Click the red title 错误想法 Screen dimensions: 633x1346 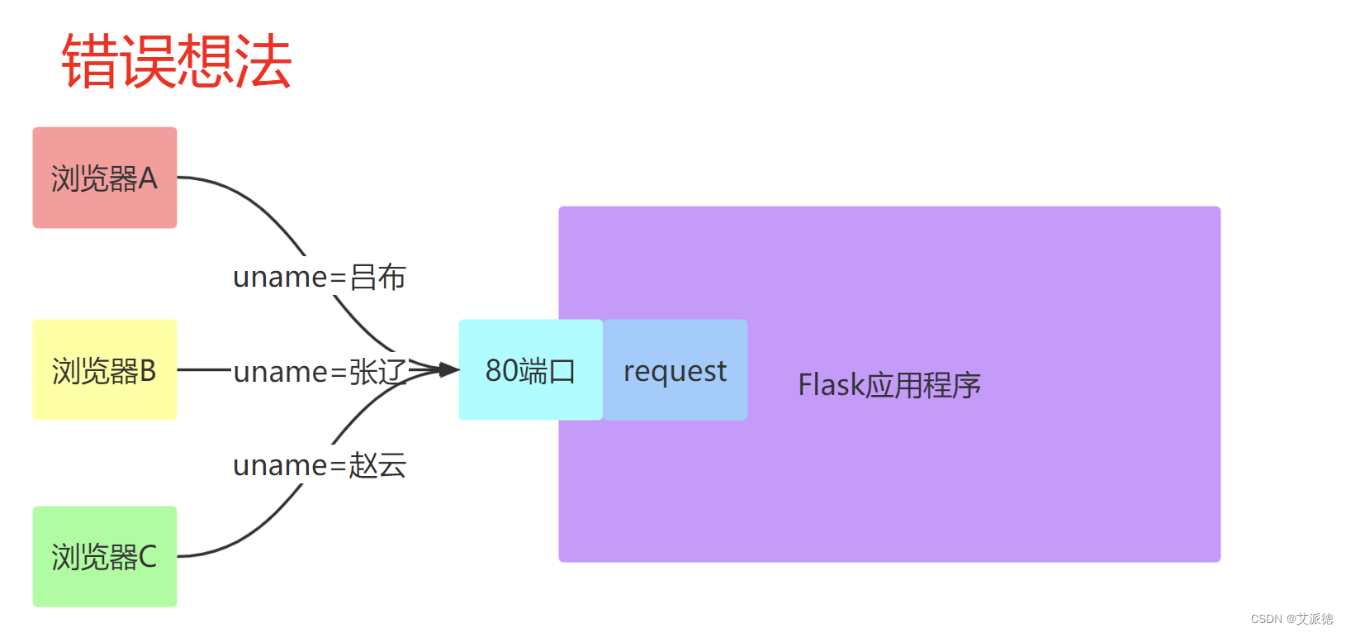tap(177, 61)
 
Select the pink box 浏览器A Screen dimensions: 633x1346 tap(105, 178)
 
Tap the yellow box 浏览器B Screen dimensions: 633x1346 tap(105, 370)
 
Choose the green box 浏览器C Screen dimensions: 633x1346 tap(105, 556)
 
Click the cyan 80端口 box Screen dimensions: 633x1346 tap(530, 370)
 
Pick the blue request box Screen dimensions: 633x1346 tap(675, 370)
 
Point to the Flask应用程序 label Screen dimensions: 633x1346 tap(889, 385)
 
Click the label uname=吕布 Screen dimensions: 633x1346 tap(319, 277)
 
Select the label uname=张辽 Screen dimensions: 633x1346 tap(319, 371)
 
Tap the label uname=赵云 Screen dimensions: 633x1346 tap(319, 465)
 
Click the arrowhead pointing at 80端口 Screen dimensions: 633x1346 tap(448, 369)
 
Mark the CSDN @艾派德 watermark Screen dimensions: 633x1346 tap(1291, 619)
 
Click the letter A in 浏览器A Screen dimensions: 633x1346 tap(148, 178)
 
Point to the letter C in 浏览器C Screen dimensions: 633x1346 tap(148, 557)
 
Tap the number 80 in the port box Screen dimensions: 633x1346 tap(501, 370)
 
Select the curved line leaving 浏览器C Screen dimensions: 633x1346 tap(256, 533)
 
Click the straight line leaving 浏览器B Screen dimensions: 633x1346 tap(203, 369)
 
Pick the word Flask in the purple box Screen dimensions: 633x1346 tap(830, 385)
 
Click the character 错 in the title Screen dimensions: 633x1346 tap(89, 61)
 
